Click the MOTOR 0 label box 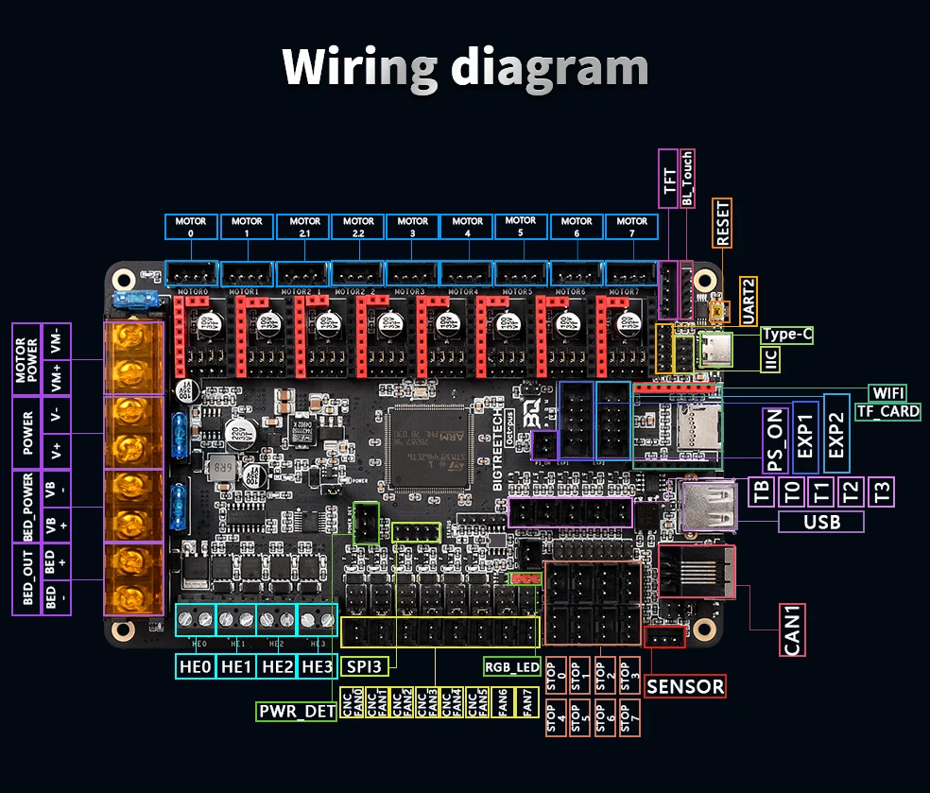[192, 227]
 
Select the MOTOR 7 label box [632, 227]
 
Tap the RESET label [724, 222]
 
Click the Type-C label [786, 335]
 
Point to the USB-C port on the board [715, 350]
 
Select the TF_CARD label [887, 411]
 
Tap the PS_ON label [776, 440]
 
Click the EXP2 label [836, 434]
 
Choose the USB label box [821, 522]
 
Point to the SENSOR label [685, 686]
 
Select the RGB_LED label [511, 666]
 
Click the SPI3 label [363, 666]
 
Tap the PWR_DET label [297, 711]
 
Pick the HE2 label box [277, 666]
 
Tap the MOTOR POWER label [26, 360]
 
